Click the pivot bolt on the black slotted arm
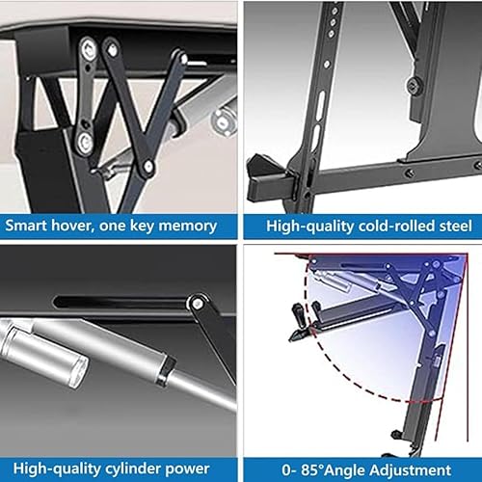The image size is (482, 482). click(x=199, y=303)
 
